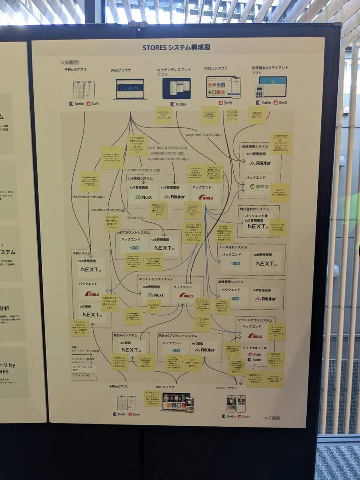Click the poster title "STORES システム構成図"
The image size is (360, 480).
176,48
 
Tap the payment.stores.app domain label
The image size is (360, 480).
203,134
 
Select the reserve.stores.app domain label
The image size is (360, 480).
88,196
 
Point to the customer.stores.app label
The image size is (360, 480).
142,170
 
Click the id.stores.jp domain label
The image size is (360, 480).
135,218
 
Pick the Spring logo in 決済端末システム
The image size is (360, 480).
259,186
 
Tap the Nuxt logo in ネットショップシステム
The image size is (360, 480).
156,295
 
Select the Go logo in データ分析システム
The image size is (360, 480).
235,264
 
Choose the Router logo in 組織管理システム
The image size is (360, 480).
266,299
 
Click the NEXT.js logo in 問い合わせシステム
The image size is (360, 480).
258,226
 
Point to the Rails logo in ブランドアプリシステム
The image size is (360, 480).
255,336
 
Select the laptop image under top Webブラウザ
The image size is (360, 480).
130,89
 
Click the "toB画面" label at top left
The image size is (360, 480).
70,63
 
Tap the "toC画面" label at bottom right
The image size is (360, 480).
272,418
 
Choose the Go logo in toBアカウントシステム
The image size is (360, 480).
133,248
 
